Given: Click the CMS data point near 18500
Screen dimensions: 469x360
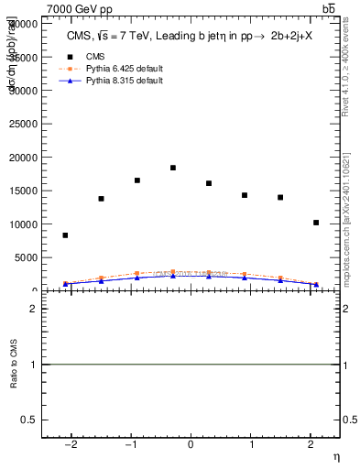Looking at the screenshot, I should pos(172,168).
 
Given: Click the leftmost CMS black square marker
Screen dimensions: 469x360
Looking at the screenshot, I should pos(65,235).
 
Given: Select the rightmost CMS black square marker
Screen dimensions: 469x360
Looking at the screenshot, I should pos(316,223).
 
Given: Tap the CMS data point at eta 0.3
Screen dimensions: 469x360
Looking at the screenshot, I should pos(209,183).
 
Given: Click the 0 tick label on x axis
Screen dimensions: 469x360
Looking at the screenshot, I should pos(191,445).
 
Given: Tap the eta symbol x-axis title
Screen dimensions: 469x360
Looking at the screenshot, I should pos(335,457).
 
